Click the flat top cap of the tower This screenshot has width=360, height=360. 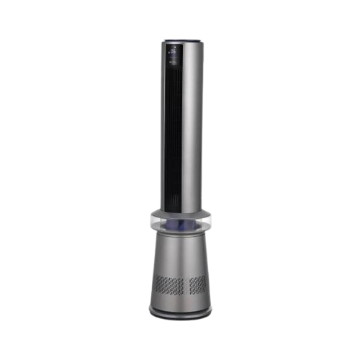tap(180, 41)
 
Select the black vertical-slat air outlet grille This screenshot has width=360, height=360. tap(172, 130)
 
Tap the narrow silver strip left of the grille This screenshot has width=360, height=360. tap(163, 130)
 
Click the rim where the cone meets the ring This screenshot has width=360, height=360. tap(180, 235)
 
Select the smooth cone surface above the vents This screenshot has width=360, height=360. tap(180, 256)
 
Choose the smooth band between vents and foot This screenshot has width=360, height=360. tap(180, 299)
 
